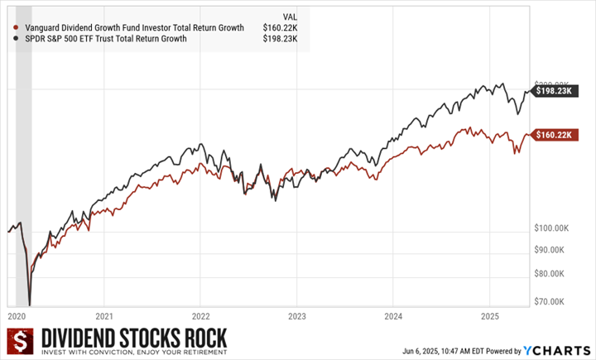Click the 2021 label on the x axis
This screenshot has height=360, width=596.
104,315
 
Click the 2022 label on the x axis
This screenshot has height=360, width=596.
201,315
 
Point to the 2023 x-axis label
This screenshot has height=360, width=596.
297,315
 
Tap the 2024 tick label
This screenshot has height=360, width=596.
393,315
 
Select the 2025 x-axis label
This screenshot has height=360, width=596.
489,315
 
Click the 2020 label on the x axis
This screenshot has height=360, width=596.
17,315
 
